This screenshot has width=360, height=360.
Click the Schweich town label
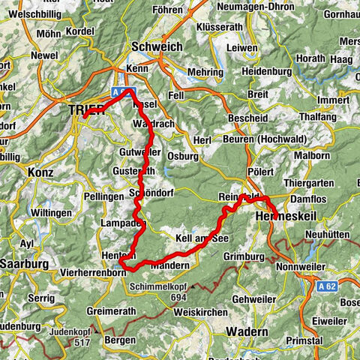tap(156, 46)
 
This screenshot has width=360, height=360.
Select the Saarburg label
tap(24, 263)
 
